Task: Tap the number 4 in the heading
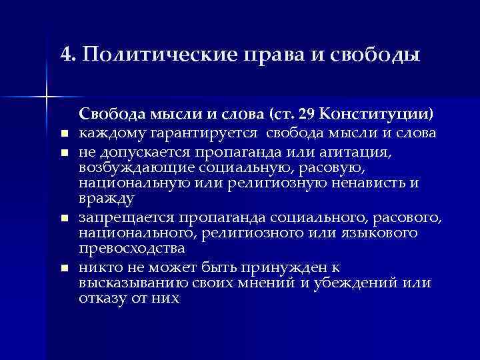point(65,54)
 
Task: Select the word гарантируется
point(196,133)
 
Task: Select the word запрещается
point(125,218)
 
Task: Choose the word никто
point(98,267)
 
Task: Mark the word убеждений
point(366,283)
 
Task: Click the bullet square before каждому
point(65,134)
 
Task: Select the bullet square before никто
point(65,269)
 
